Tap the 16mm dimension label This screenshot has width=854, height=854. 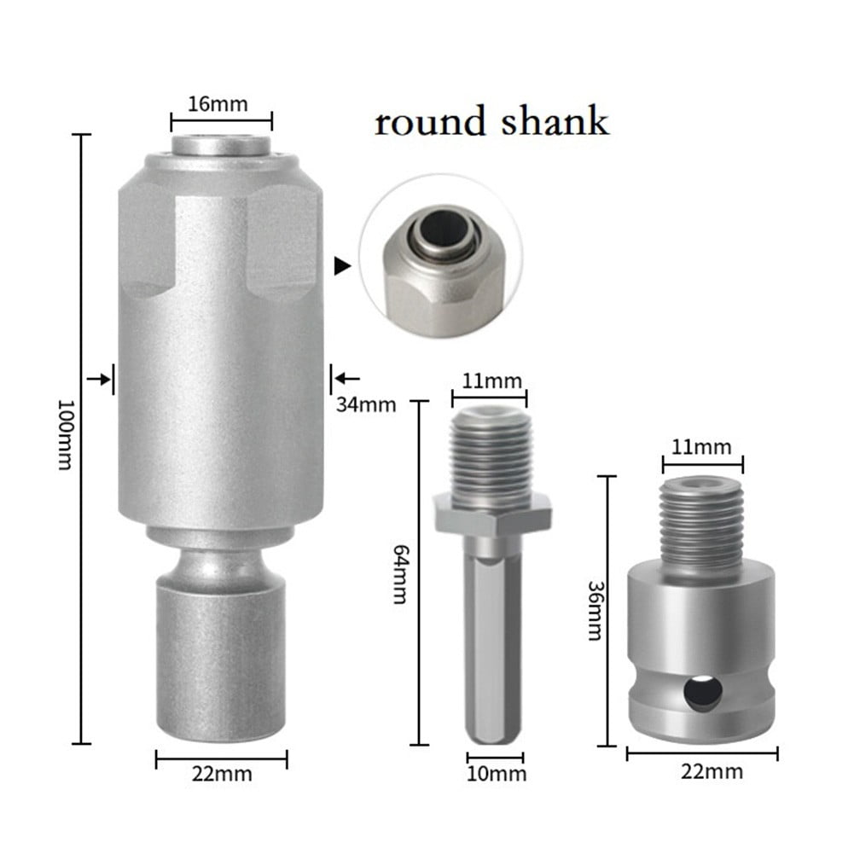pos(218,104)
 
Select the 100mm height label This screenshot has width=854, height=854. pos(64,437)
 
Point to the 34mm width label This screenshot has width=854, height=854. pos(366,404)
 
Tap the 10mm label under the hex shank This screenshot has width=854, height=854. pos(496,775)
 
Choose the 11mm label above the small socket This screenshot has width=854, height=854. pos(702,446)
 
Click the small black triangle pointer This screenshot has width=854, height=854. pos(343,267)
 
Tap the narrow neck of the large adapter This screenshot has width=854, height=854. pos(221,563)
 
